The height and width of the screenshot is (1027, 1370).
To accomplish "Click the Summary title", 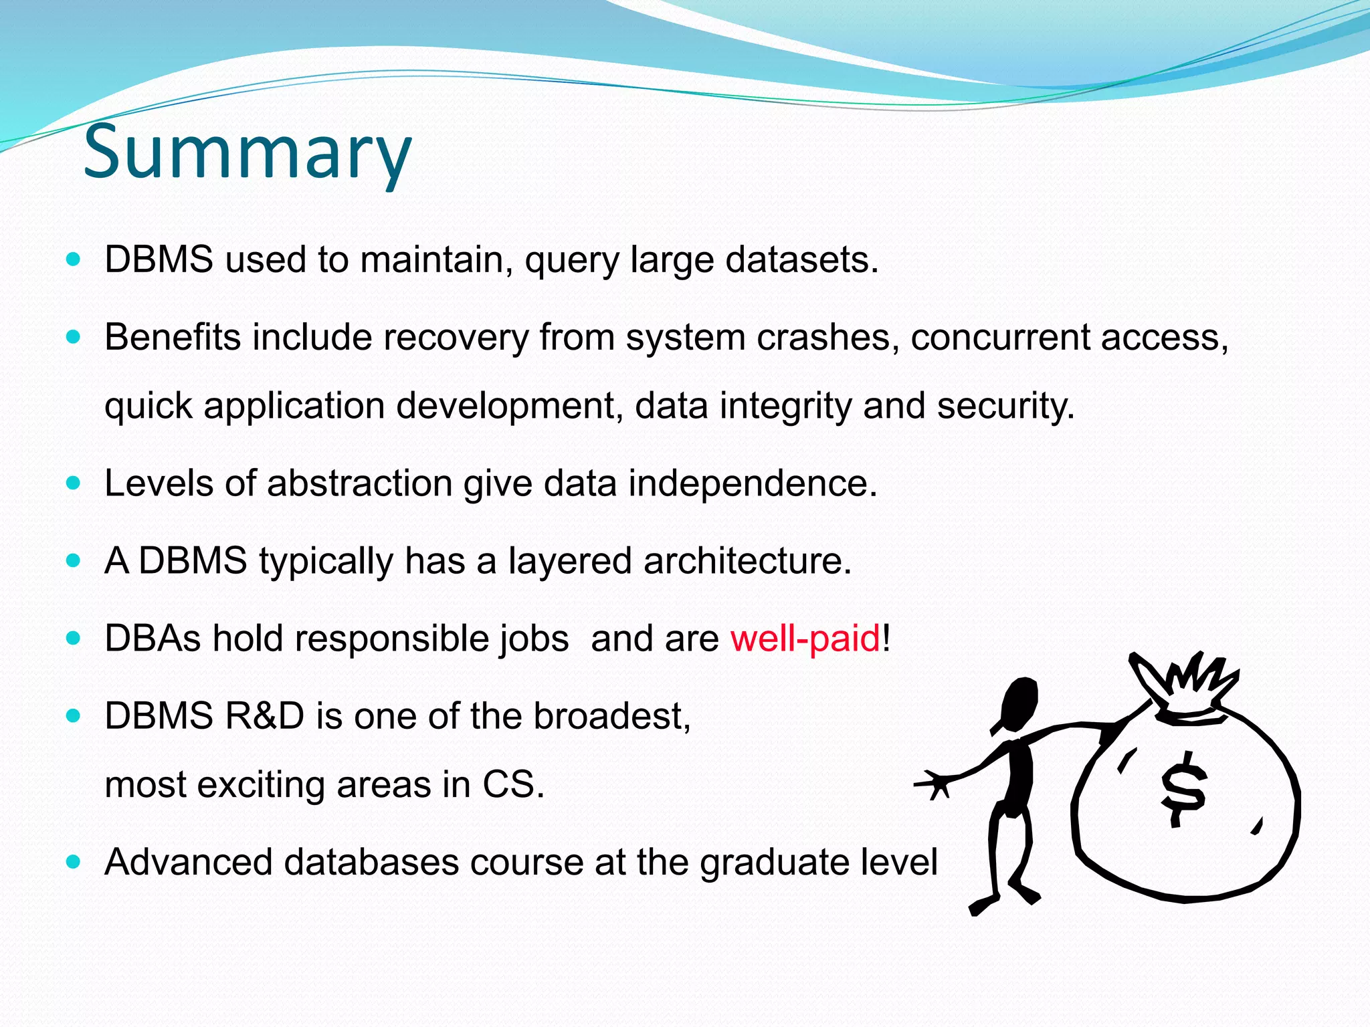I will click(247, 152).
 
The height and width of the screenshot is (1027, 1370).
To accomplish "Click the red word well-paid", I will click(805, 638).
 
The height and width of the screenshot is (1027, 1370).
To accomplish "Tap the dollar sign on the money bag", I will click(1183, 789).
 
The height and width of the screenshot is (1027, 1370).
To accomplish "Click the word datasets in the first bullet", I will click(801, 259).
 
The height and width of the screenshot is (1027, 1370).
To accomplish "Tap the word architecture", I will click(747, 560).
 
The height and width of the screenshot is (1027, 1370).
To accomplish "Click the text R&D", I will click(264, 715).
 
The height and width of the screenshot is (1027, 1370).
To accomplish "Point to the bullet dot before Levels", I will click(74, 482).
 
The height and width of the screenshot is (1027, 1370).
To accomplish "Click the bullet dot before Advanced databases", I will click(74, 861).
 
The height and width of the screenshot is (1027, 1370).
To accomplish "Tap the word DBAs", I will click(153, 638).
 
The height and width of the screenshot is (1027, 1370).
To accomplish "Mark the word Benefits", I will click(172, 337).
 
